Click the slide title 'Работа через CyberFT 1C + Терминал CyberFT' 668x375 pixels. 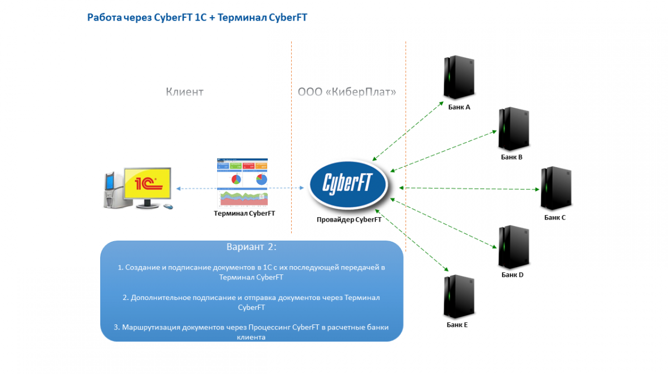pyautogui.click(x=197, y=18)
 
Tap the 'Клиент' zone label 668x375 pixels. pyautogui.click(x=184, y=92)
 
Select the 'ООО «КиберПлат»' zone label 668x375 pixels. pyautogui.click(x=347, y=92)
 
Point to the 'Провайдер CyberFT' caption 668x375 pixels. pyautogui.click(x=349, y=219)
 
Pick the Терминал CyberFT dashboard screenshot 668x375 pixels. pyautogui.click(x=242, y=182)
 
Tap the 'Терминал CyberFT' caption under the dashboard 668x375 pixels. pyautogui.click(x=244, y=213)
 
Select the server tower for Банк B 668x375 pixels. pyautogui.click(x=513, y=128)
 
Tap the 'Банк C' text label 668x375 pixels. pyautogui.click(x=555, y=217)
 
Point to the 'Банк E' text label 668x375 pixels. pyautogui.click(x=457, y=325)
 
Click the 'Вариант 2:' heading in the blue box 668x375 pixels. pyautogui.click(x=251, y=247)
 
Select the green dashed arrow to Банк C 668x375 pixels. pyautogui.click(x=470, y=188)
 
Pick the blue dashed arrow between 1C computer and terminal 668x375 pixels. pyautogui.click(x=196, y=189)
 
